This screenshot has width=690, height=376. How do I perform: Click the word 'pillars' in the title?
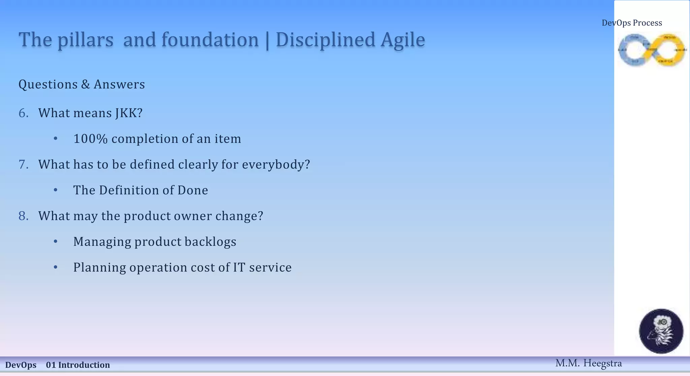85,40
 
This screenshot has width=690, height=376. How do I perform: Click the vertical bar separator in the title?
267,41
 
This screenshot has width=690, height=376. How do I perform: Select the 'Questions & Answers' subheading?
82,84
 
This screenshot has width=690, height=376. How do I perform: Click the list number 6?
23,113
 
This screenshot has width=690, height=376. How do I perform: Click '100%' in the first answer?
90,139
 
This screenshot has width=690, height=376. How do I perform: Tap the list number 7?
23,165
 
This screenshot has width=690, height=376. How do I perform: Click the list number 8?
23,216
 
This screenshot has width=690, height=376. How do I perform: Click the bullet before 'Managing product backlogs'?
56,242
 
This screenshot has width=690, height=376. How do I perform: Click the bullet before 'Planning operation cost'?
56,268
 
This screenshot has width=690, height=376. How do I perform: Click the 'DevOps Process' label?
632,23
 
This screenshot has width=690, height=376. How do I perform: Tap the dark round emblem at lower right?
661,331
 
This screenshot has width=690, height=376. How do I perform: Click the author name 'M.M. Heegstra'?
588,363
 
